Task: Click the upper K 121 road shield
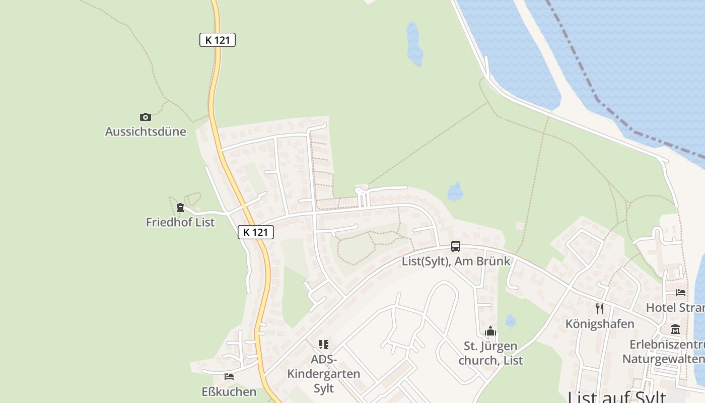click(x=218, y=40)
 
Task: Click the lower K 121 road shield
click(x=256, y=232)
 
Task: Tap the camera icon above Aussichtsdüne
click(x=146, y=117)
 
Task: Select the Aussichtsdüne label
click(x=146, y=131)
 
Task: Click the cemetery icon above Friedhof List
click(x=180, y=207)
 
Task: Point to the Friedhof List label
click(x=180, y=222)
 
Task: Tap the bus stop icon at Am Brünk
click(x=456, y=246)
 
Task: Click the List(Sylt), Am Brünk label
click(x=456, y=261)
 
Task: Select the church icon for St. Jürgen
click(x=490, y=331)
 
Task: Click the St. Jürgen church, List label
click(x=490, y=353)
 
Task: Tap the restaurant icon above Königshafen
click(x=600, y=308)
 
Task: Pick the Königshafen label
click(x=600, y=323)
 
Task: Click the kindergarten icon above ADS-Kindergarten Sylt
click(x=324, y=345)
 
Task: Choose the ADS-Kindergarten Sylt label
click(x=324, y=374)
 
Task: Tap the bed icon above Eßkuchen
click(x=229, y=376)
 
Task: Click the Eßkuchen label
click(x=229, y=391)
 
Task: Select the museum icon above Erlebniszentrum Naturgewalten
click(x=675, y=329)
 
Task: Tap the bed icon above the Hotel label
click(x=681, y=292)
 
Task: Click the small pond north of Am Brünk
click(x=456, y=191)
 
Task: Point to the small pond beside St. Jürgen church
click(x=511, y=321)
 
